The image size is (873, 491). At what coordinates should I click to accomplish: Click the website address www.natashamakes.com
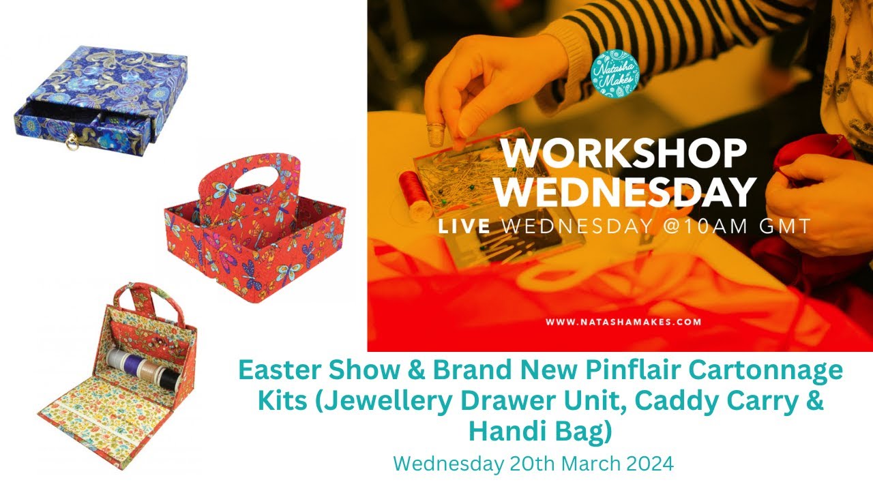pyautogui.click(x=623, y=322)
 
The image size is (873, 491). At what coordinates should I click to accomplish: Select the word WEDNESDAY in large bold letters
pyautogui.click(x=625, y=192)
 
